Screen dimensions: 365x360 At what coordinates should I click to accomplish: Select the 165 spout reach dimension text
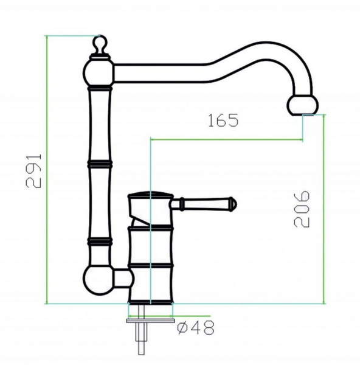tap(222, 120)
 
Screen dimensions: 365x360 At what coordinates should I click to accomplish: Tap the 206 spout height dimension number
tap(302, 209)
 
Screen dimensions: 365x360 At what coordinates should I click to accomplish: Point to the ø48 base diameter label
tap(195, 328)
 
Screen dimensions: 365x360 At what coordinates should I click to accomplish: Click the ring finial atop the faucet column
tap(100, 44)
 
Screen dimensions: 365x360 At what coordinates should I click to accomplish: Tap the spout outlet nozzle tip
tap(302, 105)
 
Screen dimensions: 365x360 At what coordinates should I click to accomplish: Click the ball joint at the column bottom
tap(97, 280)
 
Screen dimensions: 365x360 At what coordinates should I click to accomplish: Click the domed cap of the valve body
tap(149, 196)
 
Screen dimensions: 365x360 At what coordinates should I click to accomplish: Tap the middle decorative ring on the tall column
tap(100, 164)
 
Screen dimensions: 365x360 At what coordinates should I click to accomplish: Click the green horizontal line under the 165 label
tap(225, 140)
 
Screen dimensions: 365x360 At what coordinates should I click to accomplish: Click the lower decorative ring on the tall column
tap(100, 242)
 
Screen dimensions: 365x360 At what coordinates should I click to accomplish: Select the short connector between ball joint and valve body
tap(124, 280)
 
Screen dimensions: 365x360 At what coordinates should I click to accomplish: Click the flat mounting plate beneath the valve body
tap(150, 318)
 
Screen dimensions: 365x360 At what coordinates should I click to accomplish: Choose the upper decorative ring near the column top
tap(100, 88)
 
